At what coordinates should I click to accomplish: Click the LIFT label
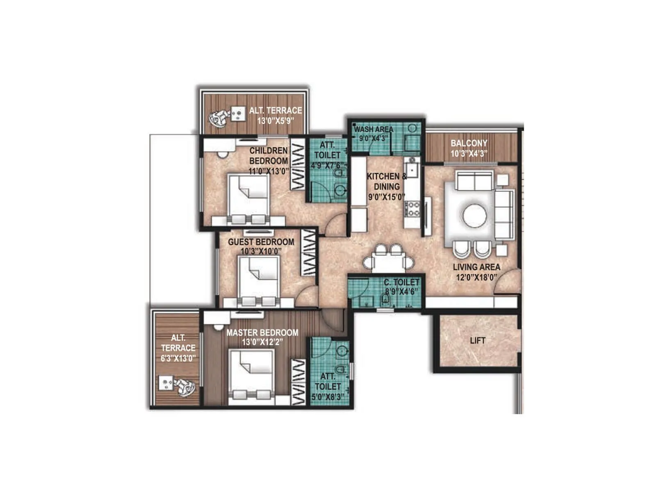[478, 340]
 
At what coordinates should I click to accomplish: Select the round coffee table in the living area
[475, 215]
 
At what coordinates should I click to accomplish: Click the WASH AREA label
[374, 129]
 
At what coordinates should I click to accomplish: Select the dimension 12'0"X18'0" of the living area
[476, 277]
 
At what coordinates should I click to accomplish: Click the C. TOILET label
[401, 282]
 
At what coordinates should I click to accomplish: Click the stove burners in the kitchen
[412, 208]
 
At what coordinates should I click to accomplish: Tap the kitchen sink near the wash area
[411, 168]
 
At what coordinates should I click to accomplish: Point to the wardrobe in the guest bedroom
[308, 252]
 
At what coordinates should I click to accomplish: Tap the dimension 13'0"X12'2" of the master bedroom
[262, 342]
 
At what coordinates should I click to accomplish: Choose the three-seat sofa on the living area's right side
[504, 214]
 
